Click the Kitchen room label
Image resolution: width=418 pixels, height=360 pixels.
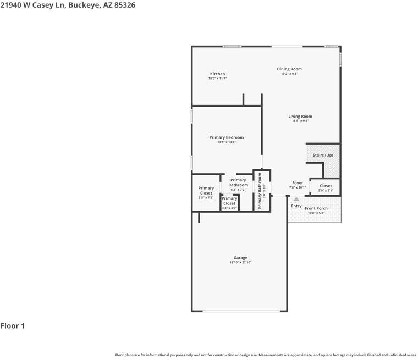217,74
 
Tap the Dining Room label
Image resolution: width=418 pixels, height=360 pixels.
289,69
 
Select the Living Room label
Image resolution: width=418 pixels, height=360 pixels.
300,116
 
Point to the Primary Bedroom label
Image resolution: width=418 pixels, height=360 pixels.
226,137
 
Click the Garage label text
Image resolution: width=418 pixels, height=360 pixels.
240,258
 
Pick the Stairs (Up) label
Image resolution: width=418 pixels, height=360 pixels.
323,155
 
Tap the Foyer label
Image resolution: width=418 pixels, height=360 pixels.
298,183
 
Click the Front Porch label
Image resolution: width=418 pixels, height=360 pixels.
316,208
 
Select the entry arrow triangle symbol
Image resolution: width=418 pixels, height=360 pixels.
296,199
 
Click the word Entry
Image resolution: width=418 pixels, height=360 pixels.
296,206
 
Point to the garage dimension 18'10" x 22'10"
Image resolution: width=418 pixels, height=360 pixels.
240,263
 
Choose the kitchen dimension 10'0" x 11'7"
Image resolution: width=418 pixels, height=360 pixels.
217,79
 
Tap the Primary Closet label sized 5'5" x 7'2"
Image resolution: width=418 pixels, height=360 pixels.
206,190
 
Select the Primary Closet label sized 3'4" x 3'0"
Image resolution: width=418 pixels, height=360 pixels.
229,201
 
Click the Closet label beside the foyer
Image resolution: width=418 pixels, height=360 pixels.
326,186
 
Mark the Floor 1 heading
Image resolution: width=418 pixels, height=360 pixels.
13,326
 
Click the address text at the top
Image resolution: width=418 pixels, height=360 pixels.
68,5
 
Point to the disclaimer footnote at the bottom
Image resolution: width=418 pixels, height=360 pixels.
266,355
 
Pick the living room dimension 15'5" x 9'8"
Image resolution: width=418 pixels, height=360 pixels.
300,121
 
